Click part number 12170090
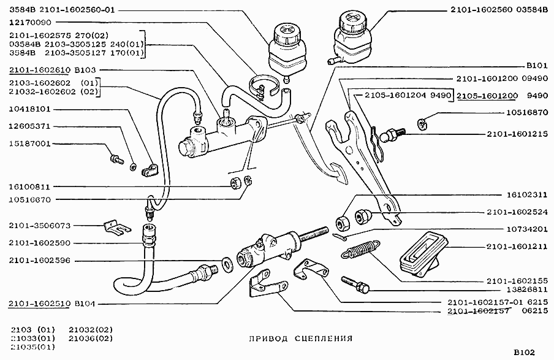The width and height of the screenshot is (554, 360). click(x=30, y=22)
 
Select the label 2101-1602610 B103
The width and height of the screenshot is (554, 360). click(x=48, y=71)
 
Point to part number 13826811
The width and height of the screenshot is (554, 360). click(x=518, y=288)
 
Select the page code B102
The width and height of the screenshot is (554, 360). click(x=524, y=352)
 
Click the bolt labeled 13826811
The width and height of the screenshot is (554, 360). click(x=355, y=283)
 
